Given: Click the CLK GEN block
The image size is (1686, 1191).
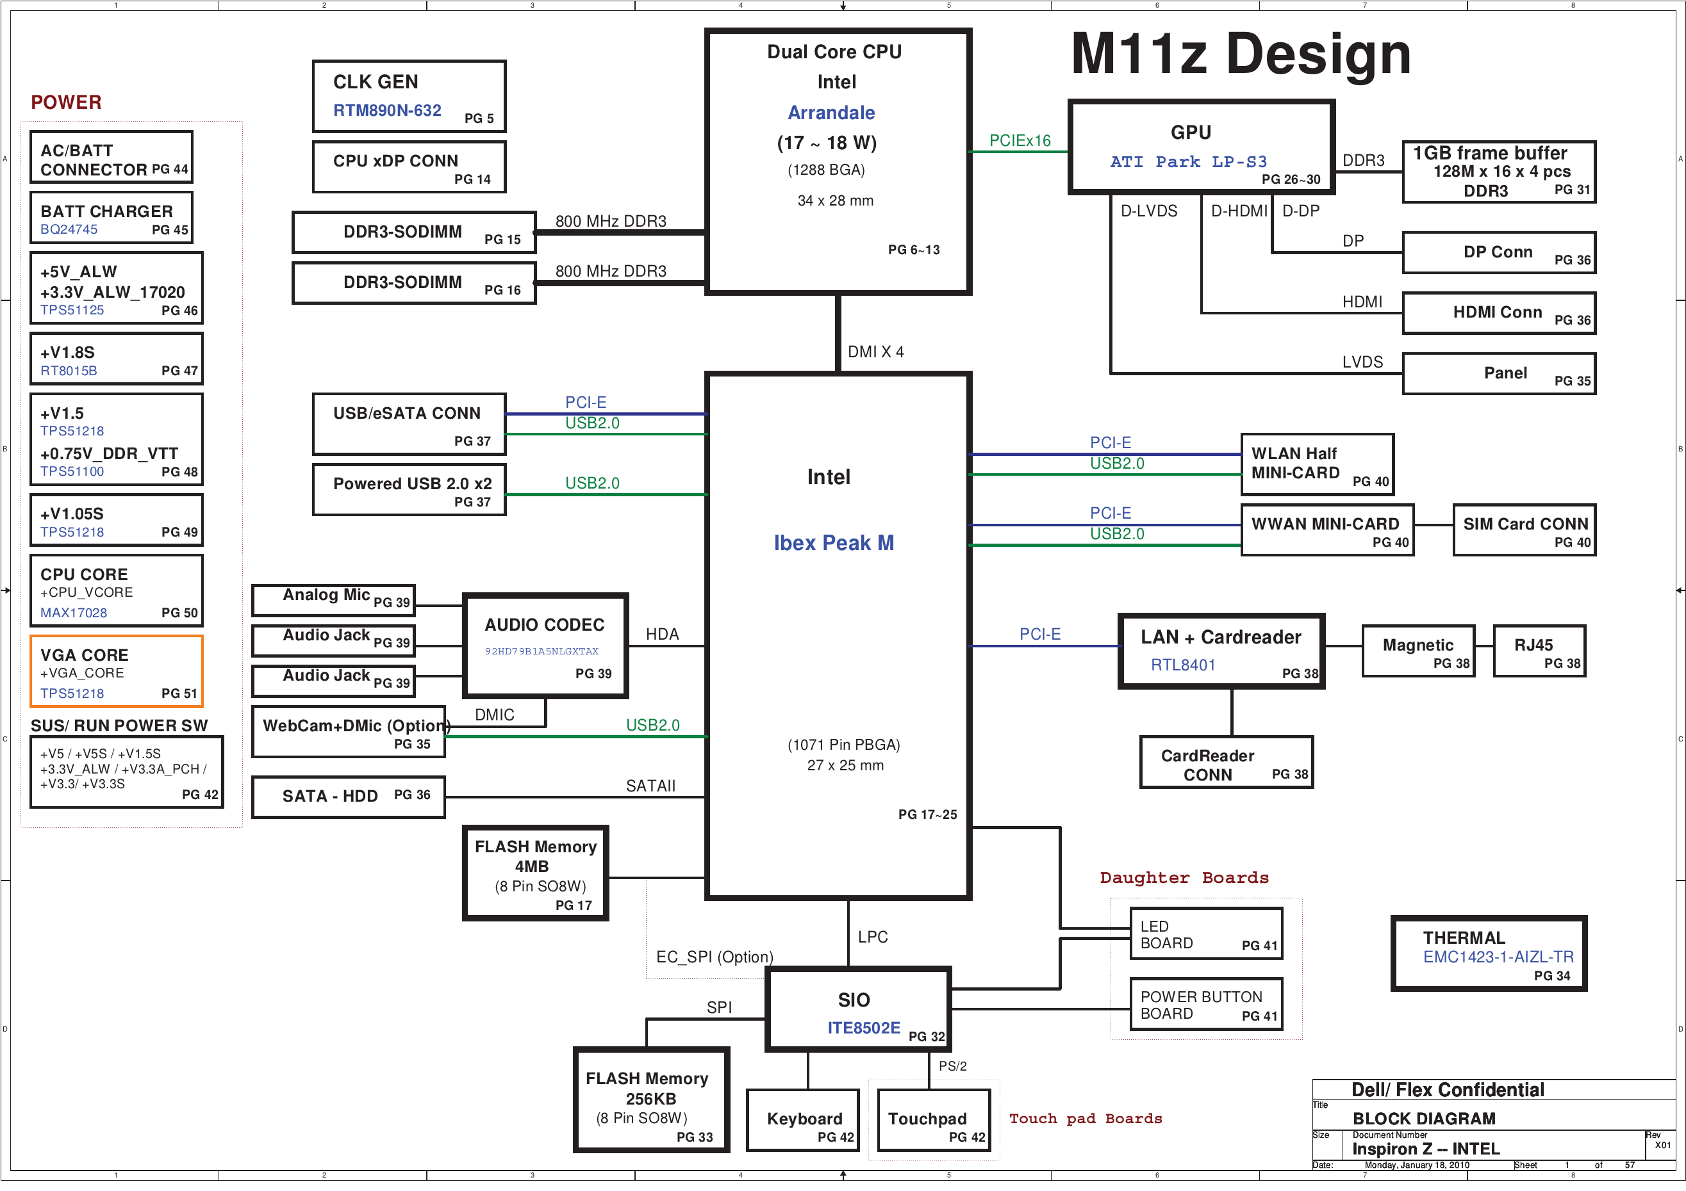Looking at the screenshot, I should pyautogui.click(x=409, y=96).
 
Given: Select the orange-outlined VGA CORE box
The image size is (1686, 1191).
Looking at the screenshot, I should pyautogui.click(x=116, y=672).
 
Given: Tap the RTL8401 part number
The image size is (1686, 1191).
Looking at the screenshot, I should pyautogui.click(x=1182, y=665).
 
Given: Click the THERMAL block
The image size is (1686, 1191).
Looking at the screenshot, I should pyautogui.click(x=1489, y=954).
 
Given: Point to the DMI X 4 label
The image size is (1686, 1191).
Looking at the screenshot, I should pyautogui.click(x=875, y=352).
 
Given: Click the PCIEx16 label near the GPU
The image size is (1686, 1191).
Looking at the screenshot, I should pyautogui.click(x=1020, y=141).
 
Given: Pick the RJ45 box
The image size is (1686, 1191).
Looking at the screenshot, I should pyautogui.click(x=1539, y=651).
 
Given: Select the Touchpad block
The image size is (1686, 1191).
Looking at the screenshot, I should pyautogui.click(x=933, y=1120).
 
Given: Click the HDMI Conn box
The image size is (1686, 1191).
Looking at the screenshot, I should pyautogui.click(x=1498, y=313).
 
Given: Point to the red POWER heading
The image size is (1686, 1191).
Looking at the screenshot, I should pyautogui.click(x=66, y=102).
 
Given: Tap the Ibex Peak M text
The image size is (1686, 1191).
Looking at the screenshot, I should pyautogui.click(x=834, y=543).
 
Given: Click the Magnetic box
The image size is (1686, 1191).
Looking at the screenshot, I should pyautogui.click(x=1418, y=651).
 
